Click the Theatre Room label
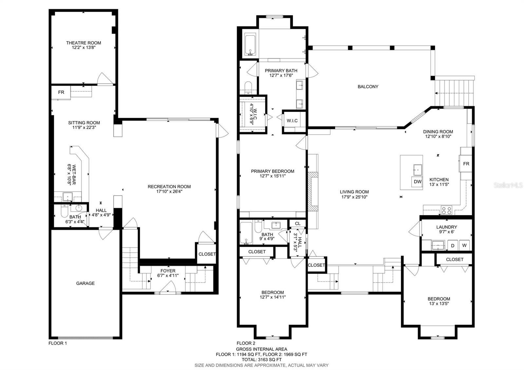[84, 43]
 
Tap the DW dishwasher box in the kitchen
[417, 181]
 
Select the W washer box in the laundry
[464, 245]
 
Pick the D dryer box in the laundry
[453, 246]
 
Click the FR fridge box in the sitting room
[61, 92]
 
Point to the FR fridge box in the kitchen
[466, 164]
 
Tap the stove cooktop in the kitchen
[447, 210]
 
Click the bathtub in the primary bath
[250, 44]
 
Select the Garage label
[85, 283]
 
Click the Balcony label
[368, 86]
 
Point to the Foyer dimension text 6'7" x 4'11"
[168, 275]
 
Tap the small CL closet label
[298, 224]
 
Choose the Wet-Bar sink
[67, 197]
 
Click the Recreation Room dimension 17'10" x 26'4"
[169, 191]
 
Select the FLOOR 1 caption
[58, 343]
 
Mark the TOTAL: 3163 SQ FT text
[262, 360]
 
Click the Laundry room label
[447, 227]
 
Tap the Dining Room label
[438, 132]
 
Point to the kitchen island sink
[418, 170]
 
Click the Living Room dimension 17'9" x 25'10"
[354, 197]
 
